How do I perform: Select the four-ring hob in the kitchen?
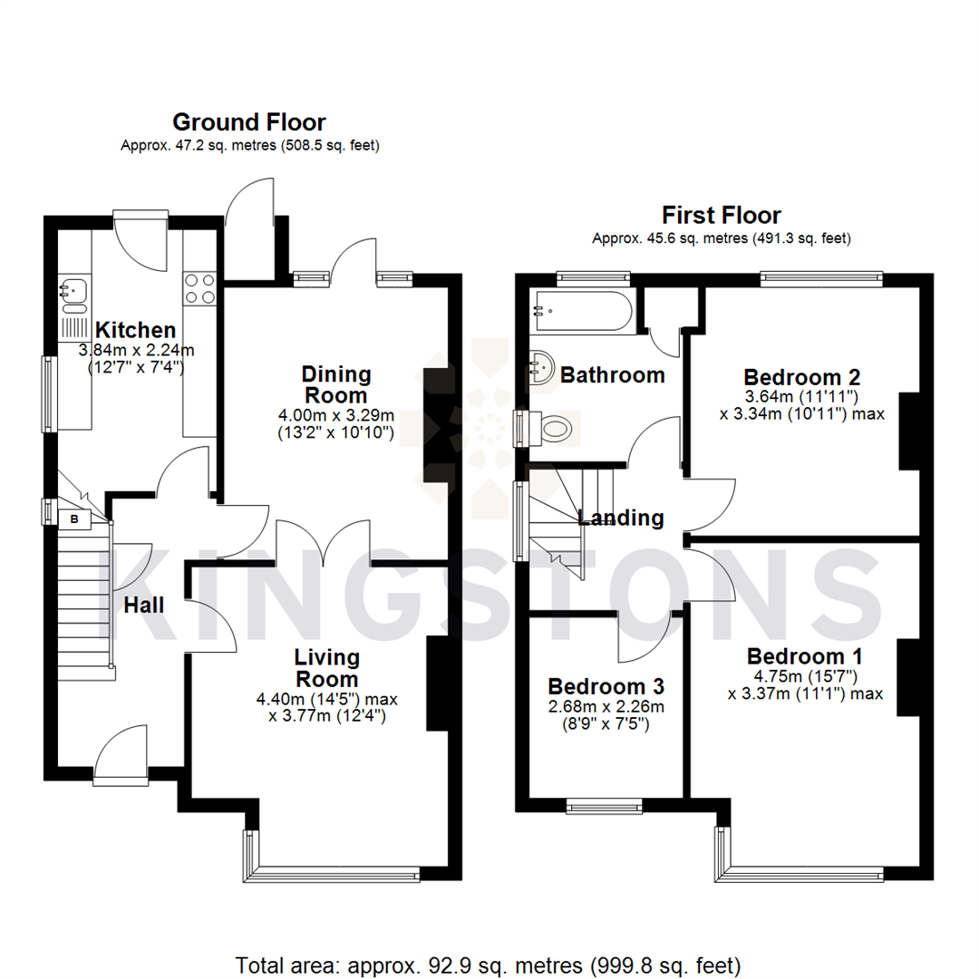pyautogui.click(x=199, y=288)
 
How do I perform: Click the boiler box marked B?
pyautogui.click(x=74, y=519)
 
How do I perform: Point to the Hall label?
pyautogui.click(x=144, y=605)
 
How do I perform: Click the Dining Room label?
pyautogui.click(x=335, y=385)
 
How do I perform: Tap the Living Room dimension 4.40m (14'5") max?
pyautogui.click(x=326, y=699)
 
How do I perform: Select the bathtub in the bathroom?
pyautogui.click(x=583, y=310)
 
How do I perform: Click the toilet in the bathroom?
pyautogui.click(x=552, y=429)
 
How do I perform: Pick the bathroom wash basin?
pyautogui.click(x=541, y=368)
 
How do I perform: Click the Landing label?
pyautogui.click(x=621, y=519)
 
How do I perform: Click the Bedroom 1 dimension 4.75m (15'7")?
pyautogui.click(x=805, y=676)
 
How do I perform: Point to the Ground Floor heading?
pyautogui.click(x=248, y=121)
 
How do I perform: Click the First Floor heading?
pyautogui.click(x=722, y=216)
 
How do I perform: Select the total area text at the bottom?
pyautogui.click(x=489, y=964)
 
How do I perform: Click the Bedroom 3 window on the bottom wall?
pyautogui.click(x=605, y=804)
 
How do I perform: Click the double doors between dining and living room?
pyautogui.click(x=324, y=542)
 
